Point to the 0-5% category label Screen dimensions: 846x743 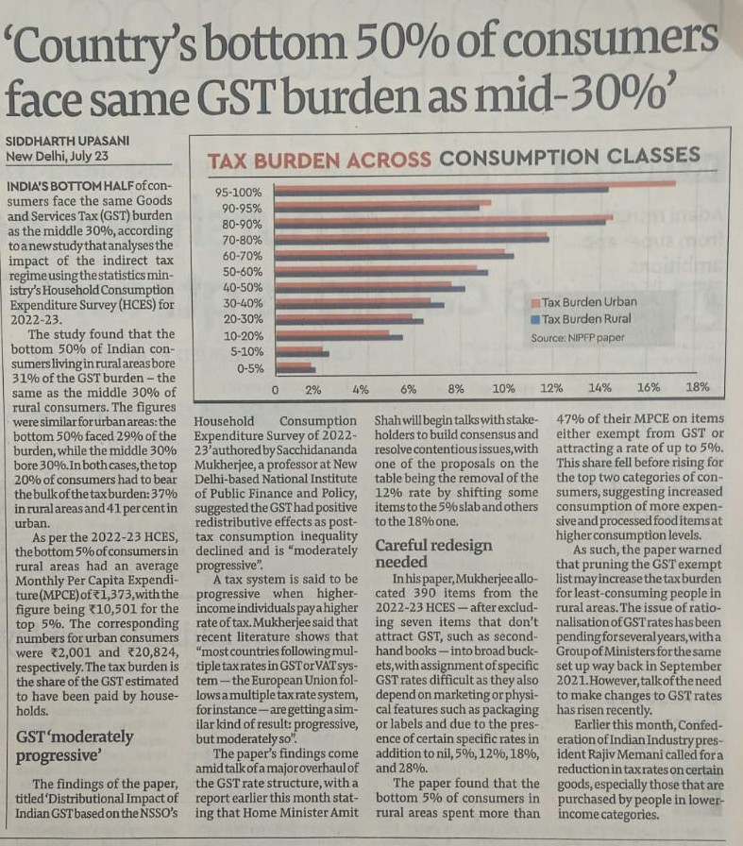[x=249, y=367]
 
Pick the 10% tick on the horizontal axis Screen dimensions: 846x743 [x=503, y=389]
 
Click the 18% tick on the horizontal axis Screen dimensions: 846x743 [x=697, y=388]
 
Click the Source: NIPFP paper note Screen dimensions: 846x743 [x=577, y=337]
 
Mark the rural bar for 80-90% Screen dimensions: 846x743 [x=439, y=223]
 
